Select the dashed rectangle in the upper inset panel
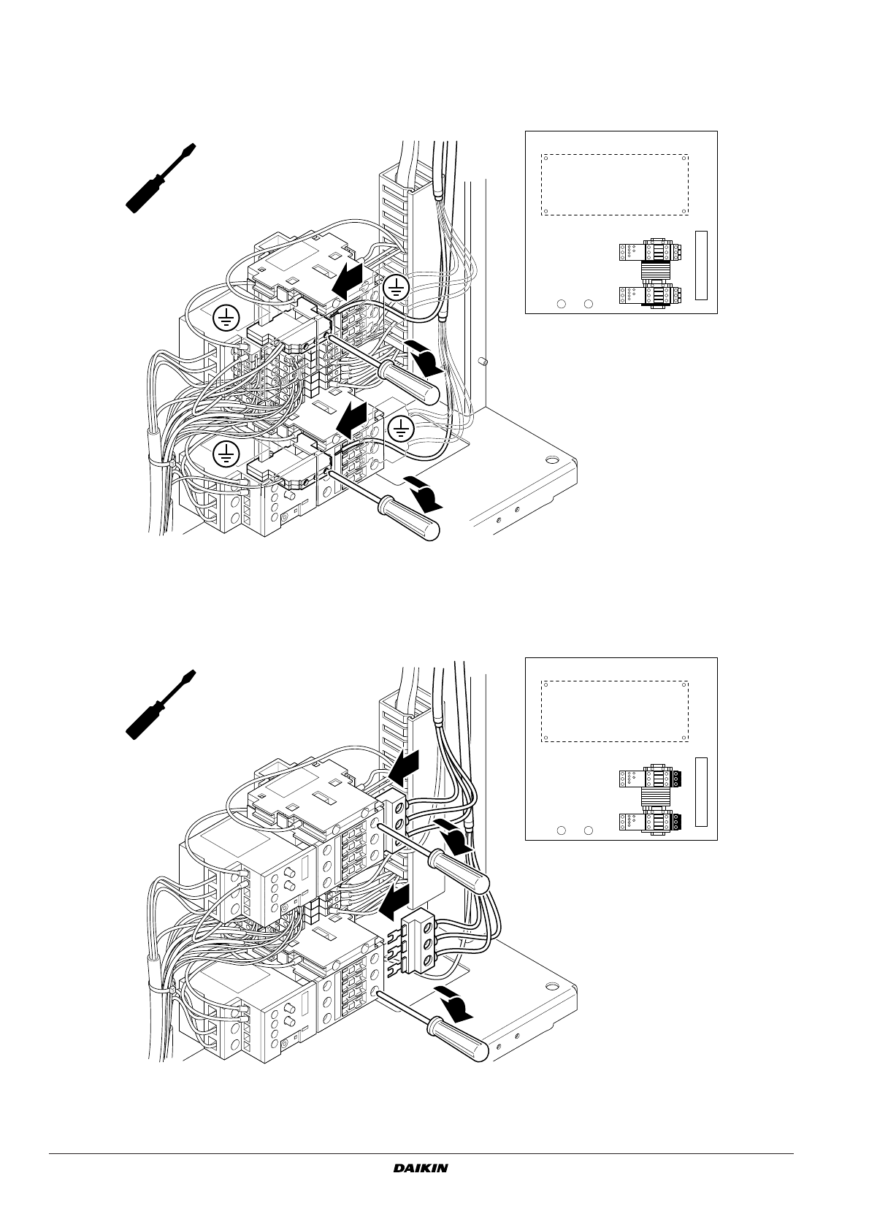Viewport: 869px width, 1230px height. [x=614, y=184]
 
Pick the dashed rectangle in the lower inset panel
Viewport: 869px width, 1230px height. [x=614, y=711]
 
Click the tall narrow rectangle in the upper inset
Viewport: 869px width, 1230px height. [x=701, y=264]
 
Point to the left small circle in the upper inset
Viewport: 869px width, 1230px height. [x=562, y=304]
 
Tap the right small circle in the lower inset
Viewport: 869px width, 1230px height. [x=588, y=830]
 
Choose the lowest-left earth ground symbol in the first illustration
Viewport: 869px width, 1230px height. [x=227, y=454]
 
